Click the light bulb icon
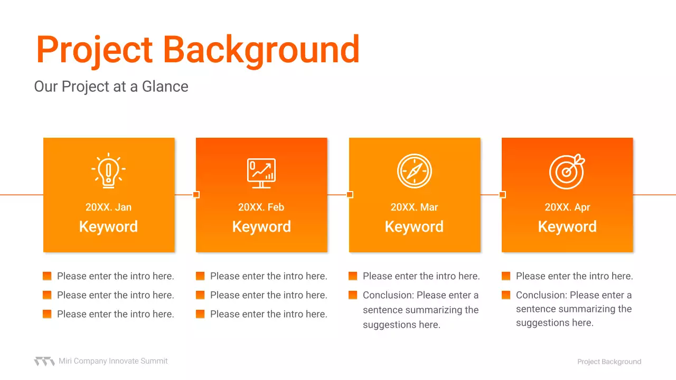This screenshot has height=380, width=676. pyautogui.click(x=108, y=170)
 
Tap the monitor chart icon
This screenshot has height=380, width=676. pyautogui.click(x=261, y=173)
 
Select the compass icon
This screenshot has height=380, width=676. pyautogui.click(x=415, y=171)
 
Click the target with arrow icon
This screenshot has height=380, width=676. pyautogui.click(x=567, y=172)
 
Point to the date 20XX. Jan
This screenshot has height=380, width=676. pyautogui.click(x=108, y=207)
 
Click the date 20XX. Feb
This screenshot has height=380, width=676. pyautogui.click(x=261, y=207)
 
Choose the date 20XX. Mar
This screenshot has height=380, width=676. pyautogui.click(x=415, y=207)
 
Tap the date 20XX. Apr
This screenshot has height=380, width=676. pyautogui.click(x=567, y=207)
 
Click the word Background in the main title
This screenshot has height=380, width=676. pyautogui.click(x=261, y=50)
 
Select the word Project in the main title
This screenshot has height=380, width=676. pyautogui.click(x=95, y=50)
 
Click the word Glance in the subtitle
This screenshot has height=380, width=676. pyautogui.click(x=165, y=87)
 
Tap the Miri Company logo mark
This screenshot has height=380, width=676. pyautogui.click(x=44, y=362)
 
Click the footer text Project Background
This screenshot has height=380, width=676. pyautogui.click(x=609, y=362)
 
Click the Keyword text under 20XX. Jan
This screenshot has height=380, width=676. pyautogui.click(x=108, y=226)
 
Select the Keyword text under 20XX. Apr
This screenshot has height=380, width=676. pyautogui.click(x=567, y=226)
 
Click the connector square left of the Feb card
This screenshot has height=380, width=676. pyautogui.click(x=196, y=195)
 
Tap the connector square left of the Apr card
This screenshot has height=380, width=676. pyautogui.click(x=502, y=195)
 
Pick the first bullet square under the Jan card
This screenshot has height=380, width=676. pyautogui.click(x=47, y=276)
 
